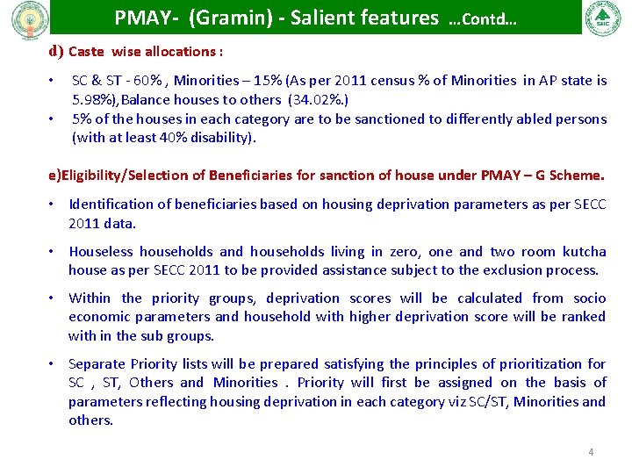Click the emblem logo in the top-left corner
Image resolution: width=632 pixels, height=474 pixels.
tap(25, 18)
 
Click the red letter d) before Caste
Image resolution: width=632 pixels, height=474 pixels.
tap(55, 51)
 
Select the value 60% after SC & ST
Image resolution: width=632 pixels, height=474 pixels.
tap(151, 81)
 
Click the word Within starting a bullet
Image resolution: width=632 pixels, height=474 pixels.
tap(90, 298)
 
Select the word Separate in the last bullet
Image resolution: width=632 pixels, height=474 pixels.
tap(97, 363)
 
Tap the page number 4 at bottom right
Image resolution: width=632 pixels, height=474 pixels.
tap(591, 452)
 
